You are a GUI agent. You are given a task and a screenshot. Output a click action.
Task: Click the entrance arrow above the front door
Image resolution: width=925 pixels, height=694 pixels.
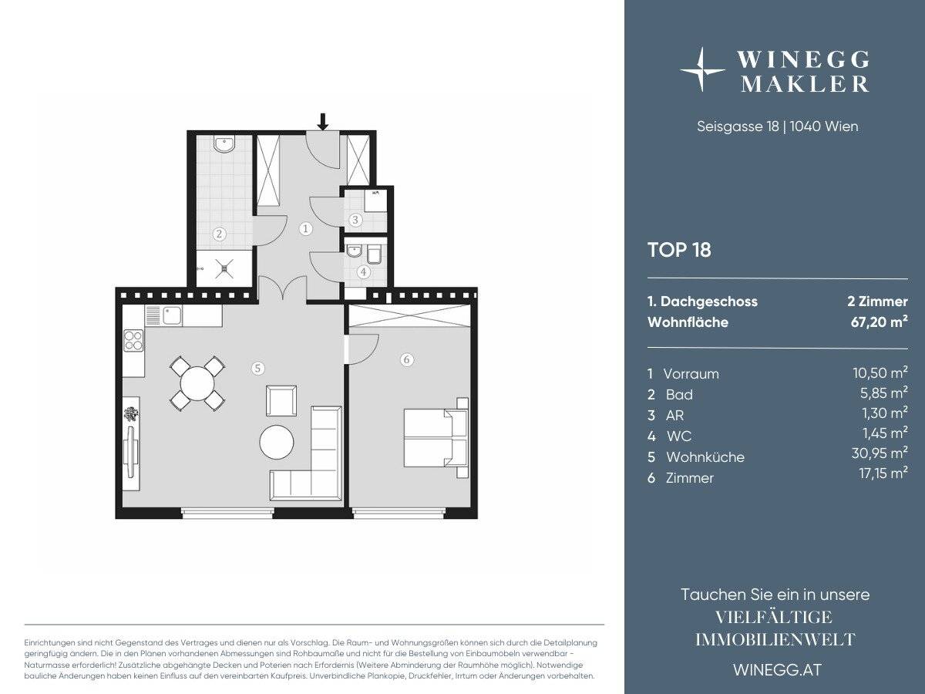tap(323, 120)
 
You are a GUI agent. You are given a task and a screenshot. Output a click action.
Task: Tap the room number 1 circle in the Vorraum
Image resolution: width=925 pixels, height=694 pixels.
tap(306, 228)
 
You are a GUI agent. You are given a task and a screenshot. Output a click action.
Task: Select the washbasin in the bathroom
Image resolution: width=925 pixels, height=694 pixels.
tap(225, 144)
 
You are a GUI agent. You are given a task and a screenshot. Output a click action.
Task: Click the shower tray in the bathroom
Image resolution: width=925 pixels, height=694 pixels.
tap(224, 268)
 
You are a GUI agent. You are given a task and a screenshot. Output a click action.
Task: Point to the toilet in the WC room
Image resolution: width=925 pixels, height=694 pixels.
tap(373, 253)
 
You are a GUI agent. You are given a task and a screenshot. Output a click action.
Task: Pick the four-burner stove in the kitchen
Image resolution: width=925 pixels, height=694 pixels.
tap(133, 339)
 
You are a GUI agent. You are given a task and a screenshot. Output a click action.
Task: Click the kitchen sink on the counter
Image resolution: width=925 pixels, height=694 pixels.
tap(171, 315)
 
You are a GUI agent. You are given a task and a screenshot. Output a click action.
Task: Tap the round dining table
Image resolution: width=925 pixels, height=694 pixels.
tap(197, 383)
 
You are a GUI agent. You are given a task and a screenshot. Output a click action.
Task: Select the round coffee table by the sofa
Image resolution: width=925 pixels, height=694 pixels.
tap(277, 443)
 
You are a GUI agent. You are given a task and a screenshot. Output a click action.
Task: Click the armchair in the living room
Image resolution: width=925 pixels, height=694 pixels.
tap(281, 400)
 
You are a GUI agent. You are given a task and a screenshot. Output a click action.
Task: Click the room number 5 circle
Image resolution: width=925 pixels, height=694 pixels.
tap(257, 369)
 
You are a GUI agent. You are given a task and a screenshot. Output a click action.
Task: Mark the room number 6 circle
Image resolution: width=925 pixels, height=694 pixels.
tap(407, 359)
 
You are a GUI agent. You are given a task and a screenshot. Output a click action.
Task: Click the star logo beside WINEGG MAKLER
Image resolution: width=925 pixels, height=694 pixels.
tap(701, 70)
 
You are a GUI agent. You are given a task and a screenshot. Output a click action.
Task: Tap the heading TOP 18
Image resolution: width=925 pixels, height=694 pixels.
tap(679, 250)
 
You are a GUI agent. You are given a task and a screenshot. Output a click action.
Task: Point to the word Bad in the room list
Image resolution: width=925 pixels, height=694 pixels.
tap(679, 395)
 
